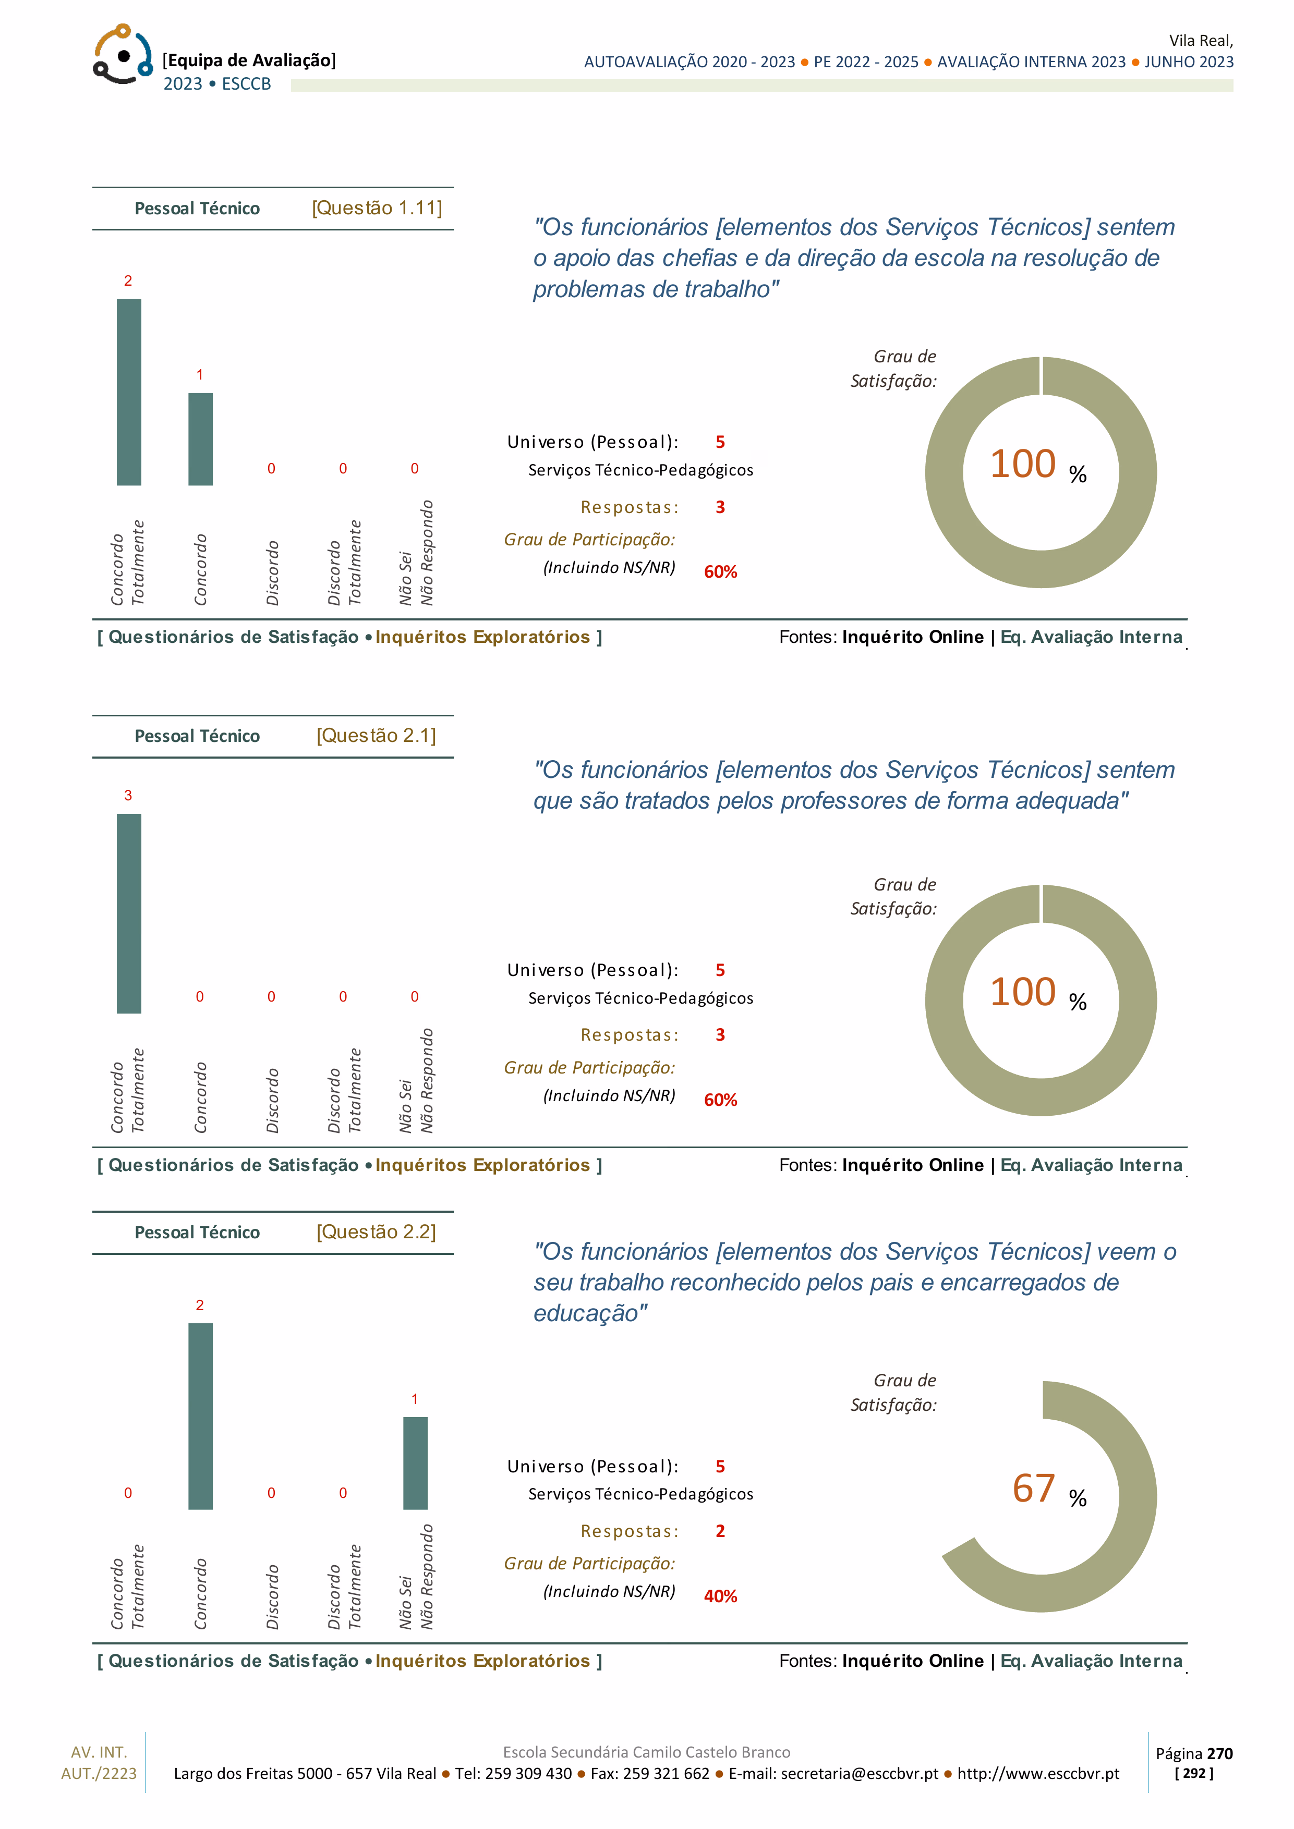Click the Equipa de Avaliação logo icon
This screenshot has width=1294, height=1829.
pyautogui.click(x=122, y=54)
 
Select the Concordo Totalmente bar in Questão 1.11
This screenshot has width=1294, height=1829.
pyautogui.click(x=129, y=392)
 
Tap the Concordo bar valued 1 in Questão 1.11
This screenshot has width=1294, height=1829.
pyautogui.click(x=201, y=439)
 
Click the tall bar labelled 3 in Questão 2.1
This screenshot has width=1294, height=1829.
pyautogui.click(x=129, y=913)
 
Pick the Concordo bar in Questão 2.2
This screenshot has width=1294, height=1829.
pyautogui.click(x=201, y=1416)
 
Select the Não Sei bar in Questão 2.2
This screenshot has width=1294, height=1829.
pyautogui.click(x=415, y=1462)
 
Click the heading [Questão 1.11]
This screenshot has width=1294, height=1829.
pyautogui.click(x=377, y=208)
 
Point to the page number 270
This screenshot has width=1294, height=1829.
pyautogui.click(x=1220, y=1753)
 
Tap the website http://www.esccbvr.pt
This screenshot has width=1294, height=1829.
pyautogui.click(x=1038, y=1773)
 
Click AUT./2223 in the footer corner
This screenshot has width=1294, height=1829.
pyautogui.click(x=99, y=1773)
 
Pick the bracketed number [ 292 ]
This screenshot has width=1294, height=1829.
pyautogui.click(x=1194, y=1773)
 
